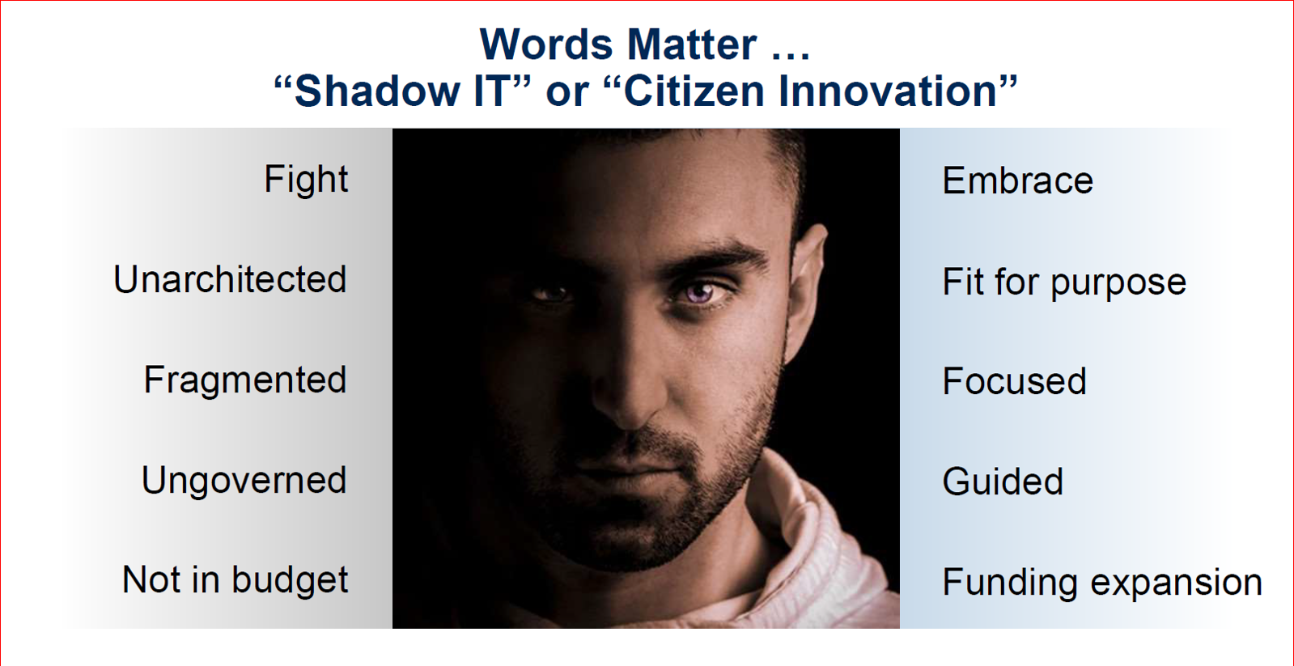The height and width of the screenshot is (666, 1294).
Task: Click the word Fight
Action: coord(306,180)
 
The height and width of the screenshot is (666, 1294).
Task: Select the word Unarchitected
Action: coord(230,279)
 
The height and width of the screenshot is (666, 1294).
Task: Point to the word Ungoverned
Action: coord(244,481)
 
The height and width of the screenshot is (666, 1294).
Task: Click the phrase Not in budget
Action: coord(235,580)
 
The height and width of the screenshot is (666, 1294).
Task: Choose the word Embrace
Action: coord(1018,180)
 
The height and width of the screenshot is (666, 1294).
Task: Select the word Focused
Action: coord(1015,381)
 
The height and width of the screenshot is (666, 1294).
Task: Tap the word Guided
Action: coord(1003,481)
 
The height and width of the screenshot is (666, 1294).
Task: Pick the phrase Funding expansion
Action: coord(1102,583)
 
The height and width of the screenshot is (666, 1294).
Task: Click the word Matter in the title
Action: coord(691,45)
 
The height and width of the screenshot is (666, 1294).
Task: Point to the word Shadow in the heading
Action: coord(377,91)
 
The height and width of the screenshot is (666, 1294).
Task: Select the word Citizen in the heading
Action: coord(694,91)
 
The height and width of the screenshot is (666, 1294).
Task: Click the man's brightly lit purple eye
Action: coord(700,291)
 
